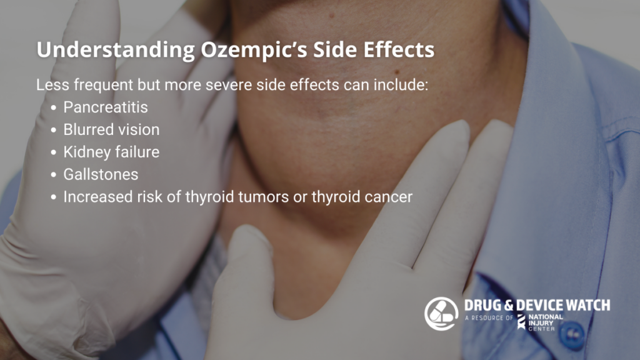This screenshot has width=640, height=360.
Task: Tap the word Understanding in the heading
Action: pos(116,50)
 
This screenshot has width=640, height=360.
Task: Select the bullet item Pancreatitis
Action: pos(105,107)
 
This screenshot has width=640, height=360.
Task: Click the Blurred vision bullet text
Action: pos(111,130)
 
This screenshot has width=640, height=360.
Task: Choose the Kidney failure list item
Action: pos(111,152)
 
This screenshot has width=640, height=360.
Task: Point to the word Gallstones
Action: pos(101,175)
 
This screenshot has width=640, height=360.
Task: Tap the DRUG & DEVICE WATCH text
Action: pos(537,305)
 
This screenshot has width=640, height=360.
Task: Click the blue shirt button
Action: pos(572,334)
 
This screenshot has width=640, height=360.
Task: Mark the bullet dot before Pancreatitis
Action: pos(54,108)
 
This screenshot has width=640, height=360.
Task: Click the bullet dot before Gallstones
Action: pos(54,176)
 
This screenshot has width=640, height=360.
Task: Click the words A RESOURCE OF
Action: pos(489,317)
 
